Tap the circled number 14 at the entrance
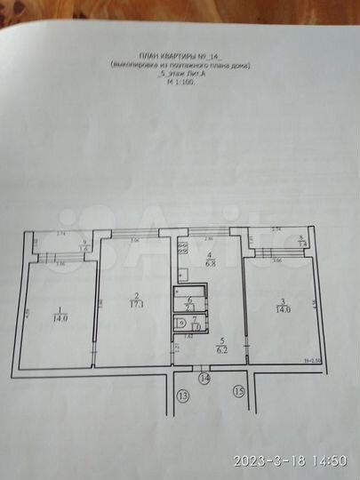click(x=204, y=379)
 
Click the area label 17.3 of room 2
click(x=136, y=305)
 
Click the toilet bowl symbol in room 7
click(x=183, y=321)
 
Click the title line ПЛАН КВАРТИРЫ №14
click(x=180, y=55)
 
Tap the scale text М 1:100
click(x=180, y=84)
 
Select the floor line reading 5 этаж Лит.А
click(x=180, y=74)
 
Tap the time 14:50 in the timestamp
click(x=331, y=460)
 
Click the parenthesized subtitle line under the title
click(x=180, y=65)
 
